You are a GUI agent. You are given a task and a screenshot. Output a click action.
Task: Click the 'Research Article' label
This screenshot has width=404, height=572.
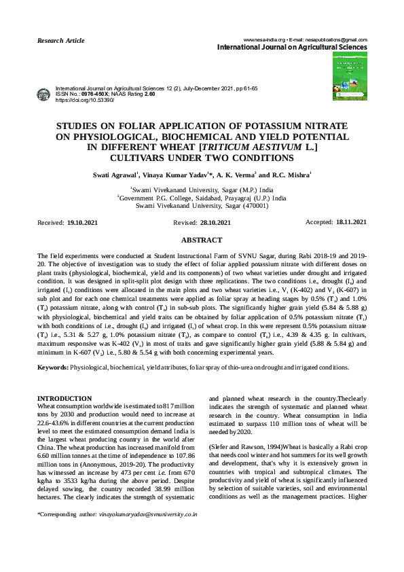tap(60, 41)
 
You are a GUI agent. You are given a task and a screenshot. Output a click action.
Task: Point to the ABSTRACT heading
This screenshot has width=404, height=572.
tap(202, 240)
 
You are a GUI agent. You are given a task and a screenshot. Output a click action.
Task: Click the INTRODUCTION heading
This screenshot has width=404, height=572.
tap(65, 398)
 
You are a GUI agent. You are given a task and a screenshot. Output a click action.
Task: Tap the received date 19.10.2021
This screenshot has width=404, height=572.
tap(83, 223)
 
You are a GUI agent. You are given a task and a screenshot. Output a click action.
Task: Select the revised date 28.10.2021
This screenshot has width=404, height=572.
tap(216, 223)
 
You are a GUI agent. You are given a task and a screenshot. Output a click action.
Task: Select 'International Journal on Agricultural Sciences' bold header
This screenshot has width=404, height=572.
tap(292, 48)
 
